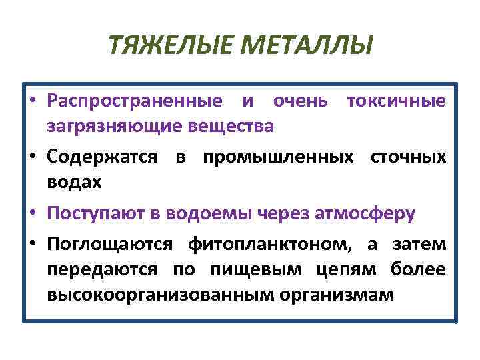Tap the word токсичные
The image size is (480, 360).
[x=395, y=101]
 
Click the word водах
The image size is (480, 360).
[x=75, y=181]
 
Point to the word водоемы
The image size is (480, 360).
[x=212, y=213]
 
